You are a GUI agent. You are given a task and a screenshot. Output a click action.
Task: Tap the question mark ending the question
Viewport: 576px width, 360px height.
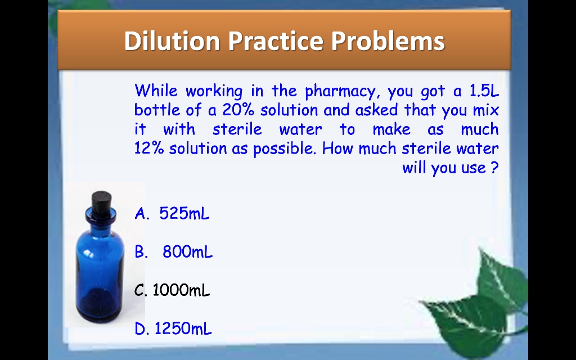tap(494, 168)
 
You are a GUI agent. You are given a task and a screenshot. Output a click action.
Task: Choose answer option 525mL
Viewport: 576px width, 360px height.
tap(184, 214)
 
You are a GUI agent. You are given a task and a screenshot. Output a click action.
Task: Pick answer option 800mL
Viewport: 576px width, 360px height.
tap(188, 252)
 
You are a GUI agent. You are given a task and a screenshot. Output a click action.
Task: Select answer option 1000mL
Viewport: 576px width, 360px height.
tap(181, 290)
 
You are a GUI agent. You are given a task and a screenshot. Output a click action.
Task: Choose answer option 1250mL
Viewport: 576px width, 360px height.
tap(183, 328)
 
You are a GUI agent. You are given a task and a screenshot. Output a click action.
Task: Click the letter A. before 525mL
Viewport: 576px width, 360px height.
tap(142, 214)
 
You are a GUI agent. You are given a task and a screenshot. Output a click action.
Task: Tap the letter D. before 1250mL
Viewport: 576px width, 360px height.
tap(142, 328)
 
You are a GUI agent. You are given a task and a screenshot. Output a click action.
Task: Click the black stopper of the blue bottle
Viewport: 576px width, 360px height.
tap(101, 199)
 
